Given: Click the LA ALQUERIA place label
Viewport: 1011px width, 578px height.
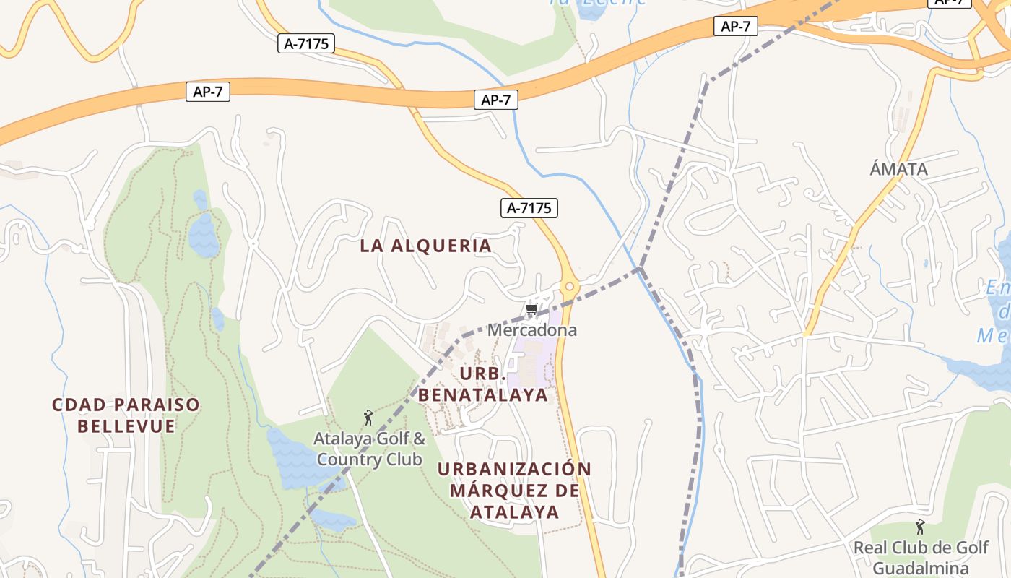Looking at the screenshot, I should (425, 246).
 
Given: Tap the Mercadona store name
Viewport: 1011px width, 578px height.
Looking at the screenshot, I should (532, 330).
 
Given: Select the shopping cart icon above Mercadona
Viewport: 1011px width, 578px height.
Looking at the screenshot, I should (532, 310).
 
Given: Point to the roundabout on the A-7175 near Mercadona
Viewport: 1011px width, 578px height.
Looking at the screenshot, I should (570, 287).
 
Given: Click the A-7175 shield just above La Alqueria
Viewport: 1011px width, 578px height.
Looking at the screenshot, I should (529, 208).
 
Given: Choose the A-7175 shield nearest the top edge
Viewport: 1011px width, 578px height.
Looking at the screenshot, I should (306, 43).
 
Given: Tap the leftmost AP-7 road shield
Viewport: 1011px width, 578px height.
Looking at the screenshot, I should (208, 92).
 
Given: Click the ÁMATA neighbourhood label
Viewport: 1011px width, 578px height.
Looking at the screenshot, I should (898, 169).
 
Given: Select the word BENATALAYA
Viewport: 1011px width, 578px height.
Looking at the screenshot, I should (483, 395).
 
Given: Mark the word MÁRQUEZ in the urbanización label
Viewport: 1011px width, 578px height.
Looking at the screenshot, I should (514, 491).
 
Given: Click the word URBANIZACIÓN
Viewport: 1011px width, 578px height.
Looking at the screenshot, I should (514, 469).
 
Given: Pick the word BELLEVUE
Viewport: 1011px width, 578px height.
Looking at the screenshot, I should (126, 426).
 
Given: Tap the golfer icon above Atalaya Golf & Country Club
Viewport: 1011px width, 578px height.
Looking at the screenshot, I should (368, 418).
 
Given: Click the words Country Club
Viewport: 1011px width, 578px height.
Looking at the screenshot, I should (369, 460).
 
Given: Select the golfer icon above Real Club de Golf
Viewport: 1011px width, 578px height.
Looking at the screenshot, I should (920, 526).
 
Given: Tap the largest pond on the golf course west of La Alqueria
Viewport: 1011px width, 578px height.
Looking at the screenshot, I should (203, 235).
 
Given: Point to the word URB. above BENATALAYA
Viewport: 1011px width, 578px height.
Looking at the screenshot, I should (481, 374).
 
